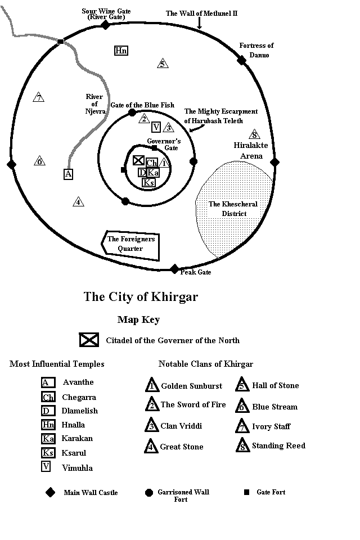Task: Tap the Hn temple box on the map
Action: [x=120, y=51]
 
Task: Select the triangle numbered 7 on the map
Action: [x=38, y=98]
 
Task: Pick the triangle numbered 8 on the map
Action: [x=254, y=134]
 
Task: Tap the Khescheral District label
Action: [x=233, y=208]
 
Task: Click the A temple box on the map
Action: [x=68, y=174]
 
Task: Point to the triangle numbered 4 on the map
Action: [x=78, y=201]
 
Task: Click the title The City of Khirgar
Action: [x=141, y=296]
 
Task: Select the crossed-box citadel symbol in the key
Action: [x=89, y=340]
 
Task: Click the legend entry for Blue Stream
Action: [x=275, y=407]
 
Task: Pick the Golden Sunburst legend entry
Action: [x=191, y=386]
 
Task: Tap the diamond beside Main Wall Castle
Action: [x=51, y=492]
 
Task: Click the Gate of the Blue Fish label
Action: [x=144, y=105]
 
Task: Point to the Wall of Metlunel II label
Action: [x=202, y=13]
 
